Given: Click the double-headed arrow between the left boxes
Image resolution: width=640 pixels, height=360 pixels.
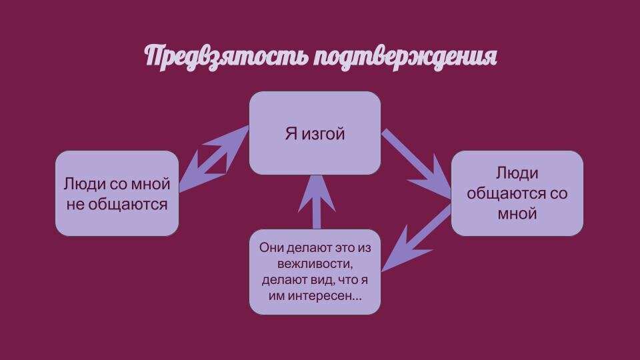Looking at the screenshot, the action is (213, 159).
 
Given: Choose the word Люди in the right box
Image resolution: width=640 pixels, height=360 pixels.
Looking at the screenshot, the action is (517, 173).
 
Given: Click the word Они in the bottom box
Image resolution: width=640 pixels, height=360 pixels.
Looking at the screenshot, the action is (271, 247).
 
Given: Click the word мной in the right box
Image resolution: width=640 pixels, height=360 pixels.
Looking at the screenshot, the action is (517, 214).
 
